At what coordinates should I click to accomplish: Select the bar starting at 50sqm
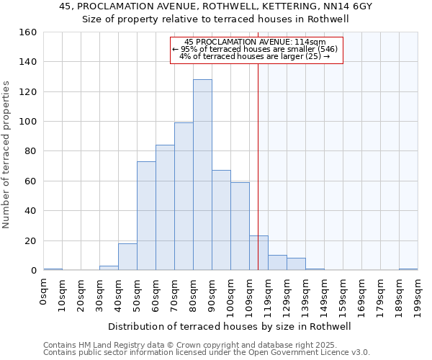point(146,216)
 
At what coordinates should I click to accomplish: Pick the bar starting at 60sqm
point(165,208)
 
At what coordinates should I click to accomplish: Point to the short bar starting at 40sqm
point(127,257)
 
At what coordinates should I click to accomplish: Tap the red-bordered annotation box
point(256,50)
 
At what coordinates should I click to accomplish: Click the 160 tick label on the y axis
point(28,32)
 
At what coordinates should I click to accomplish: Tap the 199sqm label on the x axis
point(418,296)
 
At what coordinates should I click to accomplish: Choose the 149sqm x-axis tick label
point(324,296)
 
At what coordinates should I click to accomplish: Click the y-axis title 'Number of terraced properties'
point(7,155)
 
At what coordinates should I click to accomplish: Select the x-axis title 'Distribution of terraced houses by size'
point(234,326)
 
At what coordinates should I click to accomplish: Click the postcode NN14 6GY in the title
point(351,6)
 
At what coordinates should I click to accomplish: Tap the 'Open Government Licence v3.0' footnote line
point(207,353)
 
